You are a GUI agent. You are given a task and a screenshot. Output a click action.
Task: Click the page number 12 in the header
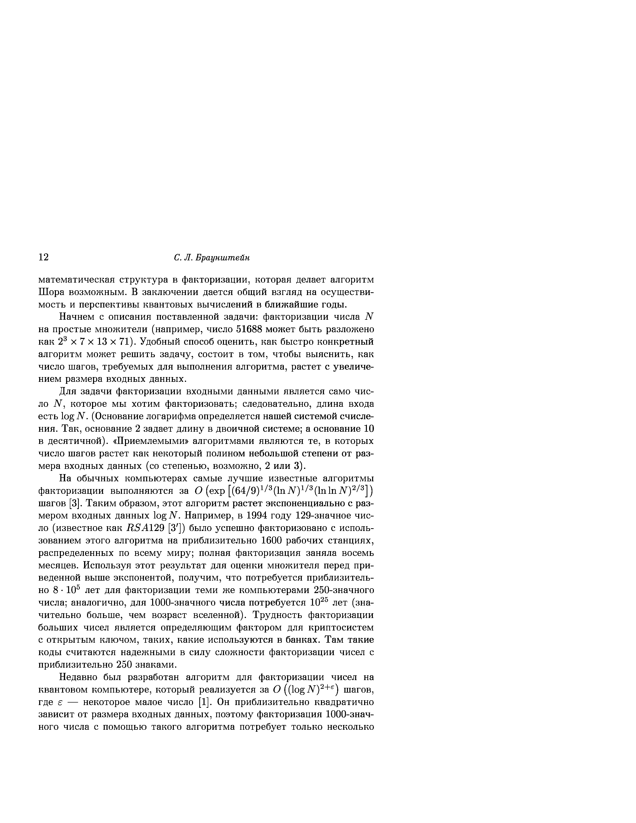(x=44, y=257)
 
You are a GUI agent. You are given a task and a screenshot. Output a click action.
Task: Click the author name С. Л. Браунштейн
(x=212, y=258)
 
